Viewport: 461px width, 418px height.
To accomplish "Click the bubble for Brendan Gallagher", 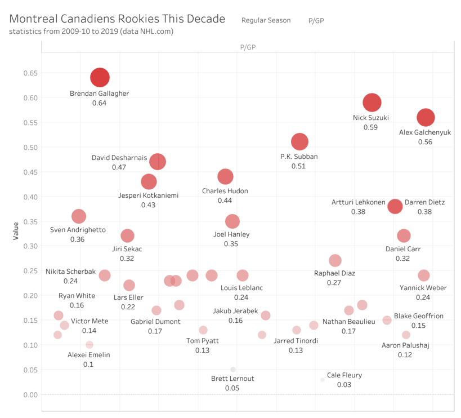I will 100,77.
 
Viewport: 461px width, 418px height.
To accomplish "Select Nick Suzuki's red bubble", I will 372,103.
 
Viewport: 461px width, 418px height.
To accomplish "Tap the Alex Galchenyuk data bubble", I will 426,118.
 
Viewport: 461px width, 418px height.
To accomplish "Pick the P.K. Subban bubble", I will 299,142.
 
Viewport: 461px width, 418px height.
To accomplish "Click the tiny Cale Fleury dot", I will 323,380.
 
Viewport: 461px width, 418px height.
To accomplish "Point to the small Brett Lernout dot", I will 232,370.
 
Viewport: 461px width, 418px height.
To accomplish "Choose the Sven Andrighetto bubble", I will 79,216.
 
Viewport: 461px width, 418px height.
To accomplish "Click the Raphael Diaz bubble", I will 335,260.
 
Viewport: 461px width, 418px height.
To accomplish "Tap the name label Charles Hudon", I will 225,191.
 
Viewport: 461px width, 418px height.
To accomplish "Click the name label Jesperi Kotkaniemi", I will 148,195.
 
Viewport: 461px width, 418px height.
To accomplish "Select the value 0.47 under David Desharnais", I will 119,167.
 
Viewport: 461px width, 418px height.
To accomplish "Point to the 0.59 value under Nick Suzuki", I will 370,127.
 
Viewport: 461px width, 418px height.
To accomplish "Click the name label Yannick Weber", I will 424,288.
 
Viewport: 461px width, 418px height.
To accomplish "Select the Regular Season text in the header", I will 266,20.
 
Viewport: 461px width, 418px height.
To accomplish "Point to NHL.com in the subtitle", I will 155,32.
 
